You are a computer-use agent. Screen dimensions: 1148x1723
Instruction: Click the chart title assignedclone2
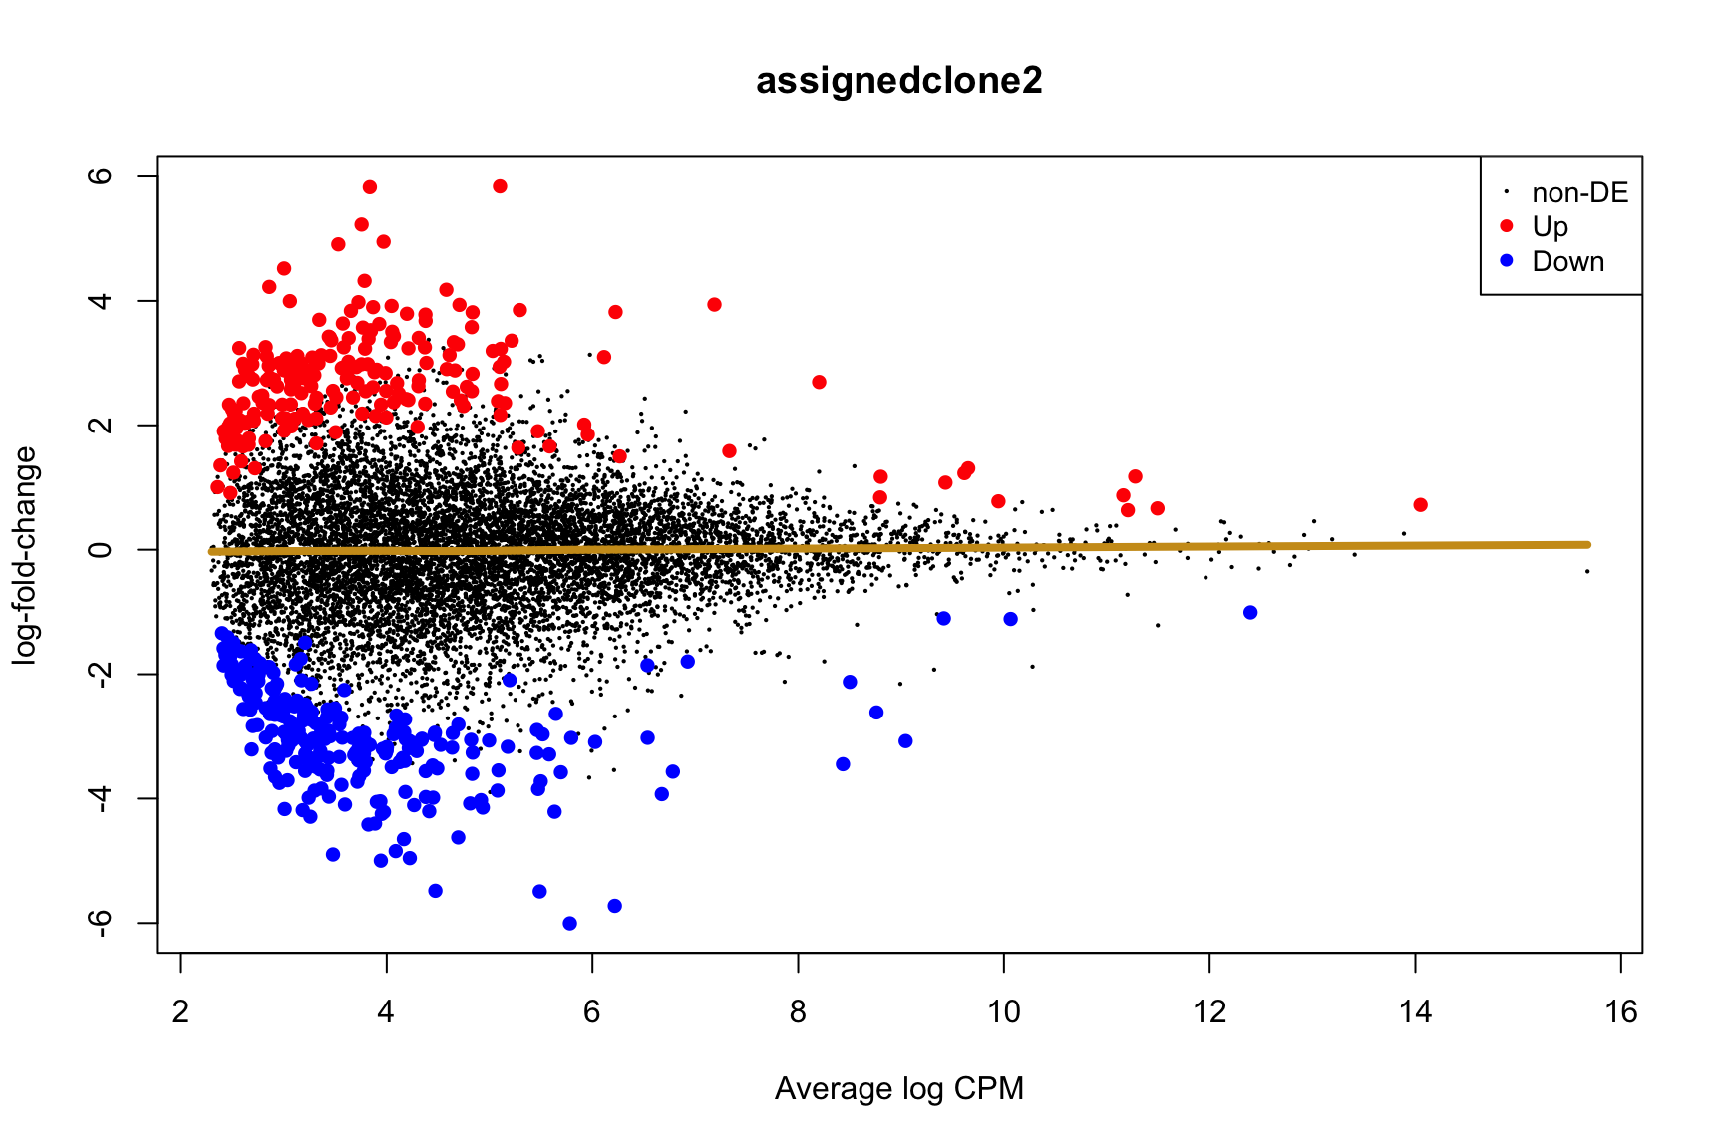coord(898,81)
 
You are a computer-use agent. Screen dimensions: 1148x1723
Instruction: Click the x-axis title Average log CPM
coord(898,1089)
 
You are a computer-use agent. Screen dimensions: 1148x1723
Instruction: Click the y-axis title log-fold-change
coord(25,554)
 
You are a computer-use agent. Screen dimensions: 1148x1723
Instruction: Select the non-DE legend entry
coord(1579,193)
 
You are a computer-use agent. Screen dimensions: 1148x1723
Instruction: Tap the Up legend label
coord(1550,227)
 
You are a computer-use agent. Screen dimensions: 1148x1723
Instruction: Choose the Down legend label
coord(1567,262)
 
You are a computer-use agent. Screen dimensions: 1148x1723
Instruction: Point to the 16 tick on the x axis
coord(1621,1012)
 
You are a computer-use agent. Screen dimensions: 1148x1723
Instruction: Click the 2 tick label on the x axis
coord(180,1012)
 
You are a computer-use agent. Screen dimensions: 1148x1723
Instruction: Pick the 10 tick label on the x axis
coord(1004,1012)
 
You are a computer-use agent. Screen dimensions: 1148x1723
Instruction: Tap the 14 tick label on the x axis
coord(1415,1012)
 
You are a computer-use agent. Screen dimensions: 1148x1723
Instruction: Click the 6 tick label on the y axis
coord(100,176)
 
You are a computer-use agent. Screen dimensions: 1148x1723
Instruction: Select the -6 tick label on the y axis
coord(100,924)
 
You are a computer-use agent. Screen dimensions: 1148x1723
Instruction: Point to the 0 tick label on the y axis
coord(100,550)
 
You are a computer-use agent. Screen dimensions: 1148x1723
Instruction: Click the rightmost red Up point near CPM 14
coord(1420,505)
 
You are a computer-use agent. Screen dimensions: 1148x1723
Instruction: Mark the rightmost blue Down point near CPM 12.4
coord(1250,612)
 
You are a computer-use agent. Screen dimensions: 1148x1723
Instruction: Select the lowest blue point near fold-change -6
coord(569,924)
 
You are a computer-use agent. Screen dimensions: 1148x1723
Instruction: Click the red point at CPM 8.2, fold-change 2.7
coord(819,382)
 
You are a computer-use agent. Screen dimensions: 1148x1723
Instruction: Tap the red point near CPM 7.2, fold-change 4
coord(714,304)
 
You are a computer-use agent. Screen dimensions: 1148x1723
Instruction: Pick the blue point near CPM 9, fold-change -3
coord(905,740)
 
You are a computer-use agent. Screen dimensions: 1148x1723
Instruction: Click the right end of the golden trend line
coord(1586,544)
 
